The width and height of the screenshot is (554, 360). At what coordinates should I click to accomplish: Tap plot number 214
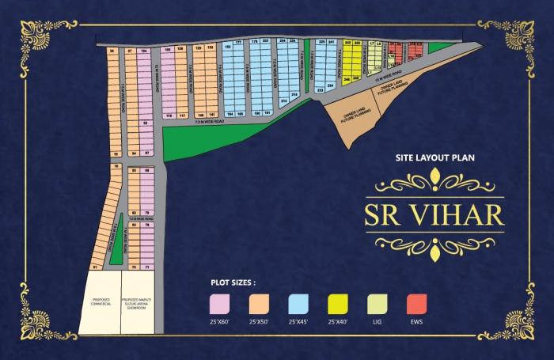click(283, 100)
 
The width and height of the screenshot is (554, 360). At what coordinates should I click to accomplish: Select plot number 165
click(241, 114)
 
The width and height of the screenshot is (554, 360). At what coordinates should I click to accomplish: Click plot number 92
click(146, 123)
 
